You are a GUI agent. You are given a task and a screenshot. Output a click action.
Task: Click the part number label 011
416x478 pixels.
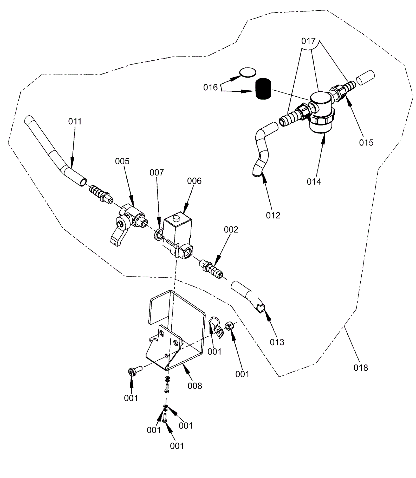pyautogui.click(x=75, y=122)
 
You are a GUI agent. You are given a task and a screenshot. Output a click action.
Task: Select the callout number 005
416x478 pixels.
pyautogui.click(x=122, y=161)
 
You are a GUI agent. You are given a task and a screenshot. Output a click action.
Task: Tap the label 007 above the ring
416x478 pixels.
pyautogui.click(x=157, y=173)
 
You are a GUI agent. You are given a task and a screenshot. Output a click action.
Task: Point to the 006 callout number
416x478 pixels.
pyautogui.click(x=194, y=181)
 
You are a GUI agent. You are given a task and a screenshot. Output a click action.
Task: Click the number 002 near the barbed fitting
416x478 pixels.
pyautogui.click(x=231, y=230)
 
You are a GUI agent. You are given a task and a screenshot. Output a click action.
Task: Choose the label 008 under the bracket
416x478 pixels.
pyautogui.click(x=195, y=386)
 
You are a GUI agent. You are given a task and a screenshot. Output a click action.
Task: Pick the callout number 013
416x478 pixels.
pyautogui.click(x=277, y=342)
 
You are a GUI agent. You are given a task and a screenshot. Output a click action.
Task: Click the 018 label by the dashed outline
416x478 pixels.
pyautogui.click(x=361, y=368)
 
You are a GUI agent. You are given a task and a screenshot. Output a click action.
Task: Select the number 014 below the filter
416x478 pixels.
pyautogui.click(x=314, y=182)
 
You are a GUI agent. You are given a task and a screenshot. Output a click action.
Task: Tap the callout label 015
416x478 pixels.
pyautogui.click(x=366, y=143)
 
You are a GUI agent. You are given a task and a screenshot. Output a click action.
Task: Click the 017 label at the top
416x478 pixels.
pyautogui.click(x=308, y=41)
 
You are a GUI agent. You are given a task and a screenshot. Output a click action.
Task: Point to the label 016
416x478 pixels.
pyautogui.click(x=210, y=87)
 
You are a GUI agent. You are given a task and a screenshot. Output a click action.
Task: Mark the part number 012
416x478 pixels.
pyautogui.click(x=273, y=215)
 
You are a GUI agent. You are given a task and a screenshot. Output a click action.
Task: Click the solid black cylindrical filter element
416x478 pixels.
pyautogui.click(x=263, y=89)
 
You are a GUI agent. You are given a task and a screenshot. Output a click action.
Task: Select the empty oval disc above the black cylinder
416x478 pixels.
pyautogui.click(x=248, y=72)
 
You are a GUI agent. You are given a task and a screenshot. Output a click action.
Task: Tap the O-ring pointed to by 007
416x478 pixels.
pyautogui.click(x=159, y=234)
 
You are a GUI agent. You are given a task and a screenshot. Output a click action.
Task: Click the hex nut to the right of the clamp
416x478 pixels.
pyautogui.click(x=229, y=326)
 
